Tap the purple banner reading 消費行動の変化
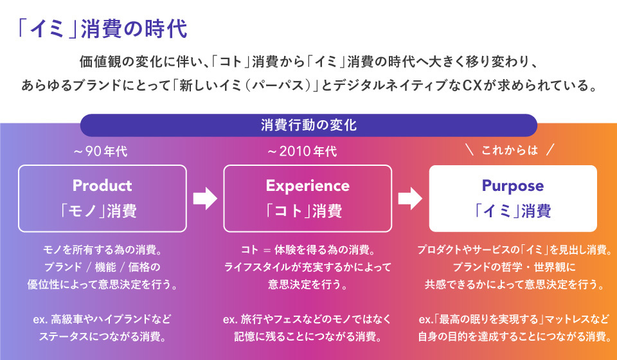[308, 125]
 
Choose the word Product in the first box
[102, 186]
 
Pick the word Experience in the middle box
[307, 186]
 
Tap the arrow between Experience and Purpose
[410, 199]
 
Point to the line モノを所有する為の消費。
[102, 249]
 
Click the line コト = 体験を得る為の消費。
[307, 249]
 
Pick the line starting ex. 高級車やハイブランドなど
[102, 319]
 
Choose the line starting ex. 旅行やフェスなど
[307, 319]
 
